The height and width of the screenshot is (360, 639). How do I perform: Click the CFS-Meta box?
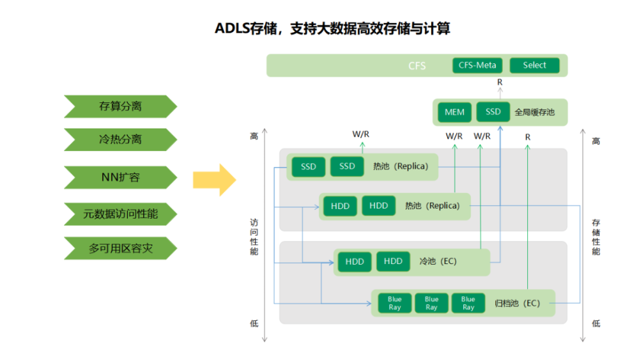(x=477, y=65)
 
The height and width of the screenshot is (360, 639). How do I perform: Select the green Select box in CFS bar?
(x=534, y=65)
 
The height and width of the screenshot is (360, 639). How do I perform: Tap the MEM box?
(x=454, y=112)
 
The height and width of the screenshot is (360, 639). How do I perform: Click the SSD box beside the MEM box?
(x=493, y=111)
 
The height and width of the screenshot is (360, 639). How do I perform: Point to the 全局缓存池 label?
(x=534, y=112)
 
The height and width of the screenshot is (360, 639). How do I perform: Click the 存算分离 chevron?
(x=120, y=106)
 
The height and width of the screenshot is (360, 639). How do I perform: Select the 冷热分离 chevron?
(x=120, y=139)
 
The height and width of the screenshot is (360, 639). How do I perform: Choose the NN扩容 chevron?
(x=120, y=177)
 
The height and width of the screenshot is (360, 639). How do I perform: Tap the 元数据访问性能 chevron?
(x=120, y=214)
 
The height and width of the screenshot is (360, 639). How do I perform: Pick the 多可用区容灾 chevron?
(x=120, y=248)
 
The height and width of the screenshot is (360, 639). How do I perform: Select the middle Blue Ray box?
(x=431, y=303)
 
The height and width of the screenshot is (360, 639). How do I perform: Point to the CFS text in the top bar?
(x=417, y=65)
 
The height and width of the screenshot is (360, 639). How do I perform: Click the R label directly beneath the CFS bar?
(x=500, y=82)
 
